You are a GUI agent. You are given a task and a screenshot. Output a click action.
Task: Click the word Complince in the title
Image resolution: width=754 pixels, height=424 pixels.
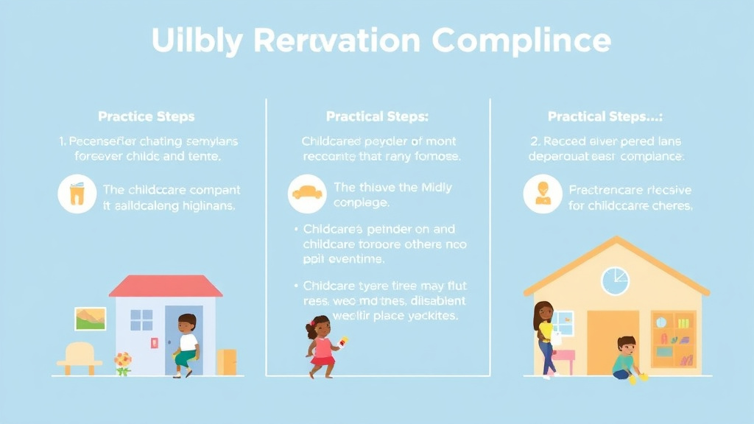521,40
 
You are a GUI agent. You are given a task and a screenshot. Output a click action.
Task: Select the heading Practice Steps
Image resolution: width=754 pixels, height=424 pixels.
147,116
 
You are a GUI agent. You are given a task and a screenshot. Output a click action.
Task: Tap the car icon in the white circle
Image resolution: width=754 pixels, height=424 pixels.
306,194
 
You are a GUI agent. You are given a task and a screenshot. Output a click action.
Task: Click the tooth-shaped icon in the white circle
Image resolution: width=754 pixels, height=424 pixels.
76,194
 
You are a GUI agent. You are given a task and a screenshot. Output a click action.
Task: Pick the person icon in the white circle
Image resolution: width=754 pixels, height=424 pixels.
543,194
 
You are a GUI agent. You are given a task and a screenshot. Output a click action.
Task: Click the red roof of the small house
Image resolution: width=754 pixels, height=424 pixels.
166,286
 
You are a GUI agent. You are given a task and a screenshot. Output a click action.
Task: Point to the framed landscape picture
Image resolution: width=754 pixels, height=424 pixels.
91,319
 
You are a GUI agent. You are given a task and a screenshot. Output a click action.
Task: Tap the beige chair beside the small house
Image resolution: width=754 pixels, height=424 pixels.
79,357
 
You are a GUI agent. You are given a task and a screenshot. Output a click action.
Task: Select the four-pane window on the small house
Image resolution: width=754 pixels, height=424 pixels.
141,320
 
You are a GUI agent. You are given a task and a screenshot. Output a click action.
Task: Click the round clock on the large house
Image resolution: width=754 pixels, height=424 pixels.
615,280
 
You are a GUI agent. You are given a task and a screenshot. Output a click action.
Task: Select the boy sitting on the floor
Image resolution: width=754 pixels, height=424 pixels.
624,358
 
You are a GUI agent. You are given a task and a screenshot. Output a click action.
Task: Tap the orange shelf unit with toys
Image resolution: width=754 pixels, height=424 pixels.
673,339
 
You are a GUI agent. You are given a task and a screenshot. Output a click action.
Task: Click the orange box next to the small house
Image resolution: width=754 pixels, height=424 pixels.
228,361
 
